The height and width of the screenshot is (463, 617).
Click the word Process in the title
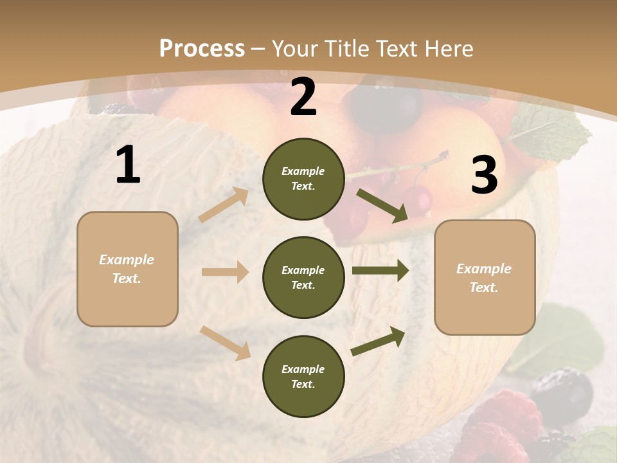pos(202,48)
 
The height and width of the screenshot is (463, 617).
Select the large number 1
pos(128,165)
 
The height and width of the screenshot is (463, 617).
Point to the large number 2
pos(303,97)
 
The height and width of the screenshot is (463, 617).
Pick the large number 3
pos(484,176)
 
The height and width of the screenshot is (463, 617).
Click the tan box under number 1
pos(127,269)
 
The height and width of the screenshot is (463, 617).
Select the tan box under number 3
pos(485,277)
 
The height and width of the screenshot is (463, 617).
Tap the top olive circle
pos(303,179)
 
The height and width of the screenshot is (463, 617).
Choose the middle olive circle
pos(303,277)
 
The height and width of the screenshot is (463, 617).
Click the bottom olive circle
pos(303,376)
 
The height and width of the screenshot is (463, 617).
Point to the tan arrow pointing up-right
pos(224,205)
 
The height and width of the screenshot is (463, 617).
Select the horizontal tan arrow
pos(224,272)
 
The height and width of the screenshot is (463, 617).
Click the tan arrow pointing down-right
pos(225,342)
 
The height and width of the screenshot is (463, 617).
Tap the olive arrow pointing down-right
pos(382,205)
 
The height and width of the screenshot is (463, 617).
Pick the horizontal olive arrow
pos(380,270)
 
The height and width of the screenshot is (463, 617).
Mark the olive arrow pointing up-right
pos(379,341)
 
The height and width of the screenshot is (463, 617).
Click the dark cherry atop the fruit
pos(385,107)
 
